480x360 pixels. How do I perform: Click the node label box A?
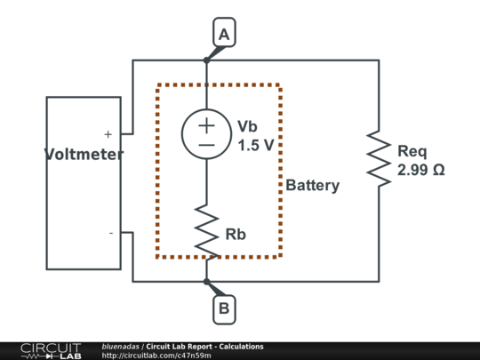224,33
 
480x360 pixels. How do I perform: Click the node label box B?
224,309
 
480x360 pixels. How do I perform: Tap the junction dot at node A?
206,60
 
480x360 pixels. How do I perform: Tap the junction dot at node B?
206,281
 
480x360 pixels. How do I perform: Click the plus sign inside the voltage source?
206,125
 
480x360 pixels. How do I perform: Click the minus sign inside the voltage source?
206,145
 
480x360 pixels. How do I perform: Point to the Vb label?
247,126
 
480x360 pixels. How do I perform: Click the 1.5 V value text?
256,146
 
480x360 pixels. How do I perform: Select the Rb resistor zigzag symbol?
206,231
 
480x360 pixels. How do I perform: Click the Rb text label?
236,234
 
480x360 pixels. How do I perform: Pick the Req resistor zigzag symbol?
379,158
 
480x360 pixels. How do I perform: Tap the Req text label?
412,151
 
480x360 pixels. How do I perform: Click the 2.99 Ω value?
421,170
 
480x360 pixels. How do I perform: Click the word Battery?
313,186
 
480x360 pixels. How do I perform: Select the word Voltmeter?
84,154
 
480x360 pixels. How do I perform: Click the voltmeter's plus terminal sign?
108,134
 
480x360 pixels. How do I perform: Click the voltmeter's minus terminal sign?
111,233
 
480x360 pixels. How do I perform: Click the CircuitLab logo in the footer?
51,351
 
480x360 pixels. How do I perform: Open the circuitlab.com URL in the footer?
156,356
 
